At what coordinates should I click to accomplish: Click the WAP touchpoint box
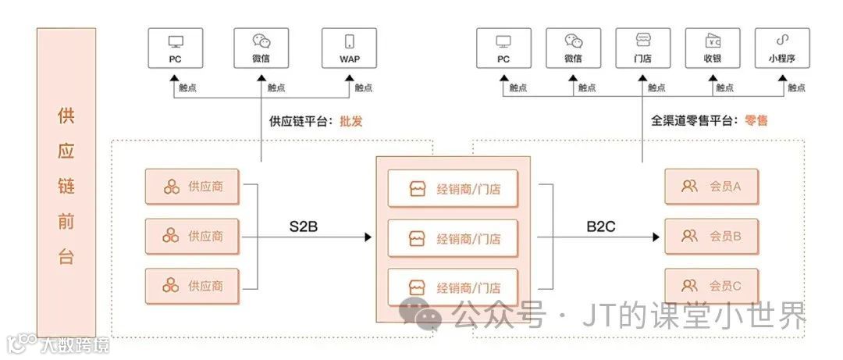pyautogui.click(x=349, y=48)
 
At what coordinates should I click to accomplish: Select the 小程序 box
pyautogui.click(x=781, y=48)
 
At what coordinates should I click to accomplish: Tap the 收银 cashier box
pyautogui.click(x=712, y=48)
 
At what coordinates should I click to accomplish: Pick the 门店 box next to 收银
pyautogui.click(x=642, y=48)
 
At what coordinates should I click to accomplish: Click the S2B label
pyautogui.click(x=305, y=227)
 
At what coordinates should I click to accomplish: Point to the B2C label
pyautogui.click(x=603, y=227)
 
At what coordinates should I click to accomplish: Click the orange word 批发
pyautogui.click(x=351, y=121)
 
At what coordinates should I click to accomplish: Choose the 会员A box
pyautogui.click(x=710, y=187)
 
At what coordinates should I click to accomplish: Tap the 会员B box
pyautogui.click(x=710, y=236)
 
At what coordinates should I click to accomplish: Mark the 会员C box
pyautogui.click(x=710, y=285)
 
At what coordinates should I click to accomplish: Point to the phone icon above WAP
pyautogui.click(x=349, y=41)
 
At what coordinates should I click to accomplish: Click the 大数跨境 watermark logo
pyautogui.click(x=59, y=344)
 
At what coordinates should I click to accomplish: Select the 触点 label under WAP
pyautogui.click(x=364, y=88)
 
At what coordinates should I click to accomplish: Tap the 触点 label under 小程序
pyautogui.click(x=796, y=88)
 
